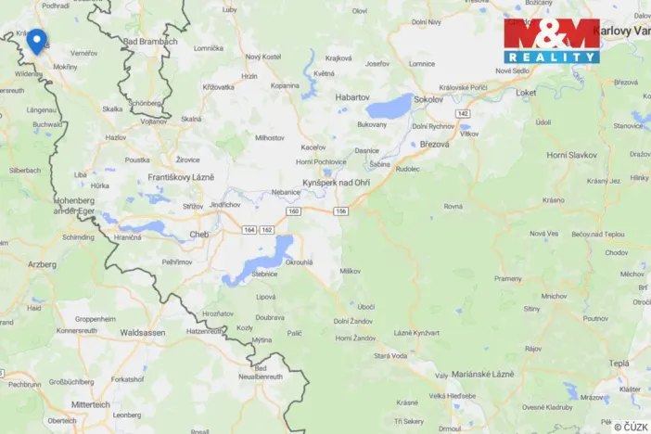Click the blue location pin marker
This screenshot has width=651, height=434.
tap(36, 41)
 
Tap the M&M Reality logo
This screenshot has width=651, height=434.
tap(552, 41)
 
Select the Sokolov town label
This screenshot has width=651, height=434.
tap(428, 97)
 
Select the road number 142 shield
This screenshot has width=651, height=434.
tap(463, 113)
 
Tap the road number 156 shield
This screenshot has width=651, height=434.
tap(341, 211)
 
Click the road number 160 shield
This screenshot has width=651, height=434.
tap(294, 211)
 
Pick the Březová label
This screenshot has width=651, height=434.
tap(434, 144)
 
